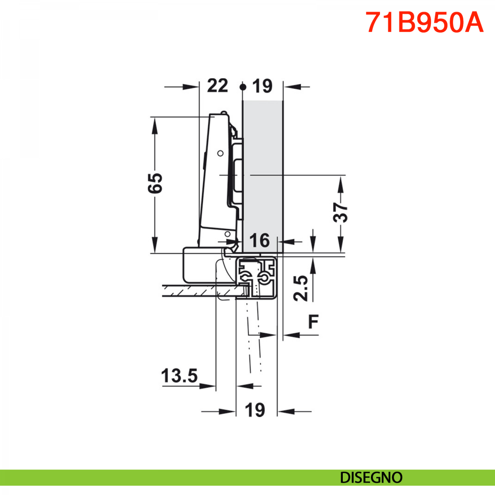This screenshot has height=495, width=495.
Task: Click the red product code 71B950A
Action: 424,22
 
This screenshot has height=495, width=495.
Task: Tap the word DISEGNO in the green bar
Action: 371,478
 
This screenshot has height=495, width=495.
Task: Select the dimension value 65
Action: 155,183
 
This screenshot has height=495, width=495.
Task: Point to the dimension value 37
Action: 340,212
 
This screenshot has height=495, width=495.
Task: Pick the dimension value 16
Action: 260,240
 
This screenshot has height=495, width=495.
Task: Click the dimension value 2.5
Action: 301,288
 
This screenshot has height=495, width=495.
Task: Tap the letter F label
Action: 313,321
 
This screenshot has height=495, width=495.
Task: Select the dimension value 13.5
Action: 179,376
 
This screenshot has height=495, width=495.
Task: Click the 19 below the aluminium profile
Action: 255,410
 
